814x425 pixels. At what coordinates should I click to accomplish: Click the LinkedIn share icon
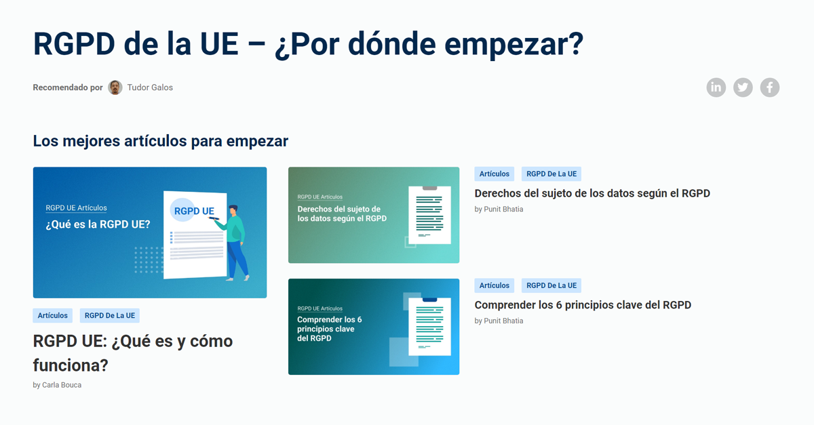point(716,87)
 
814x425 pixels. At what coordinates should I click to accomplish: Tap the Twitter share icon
point(743,87)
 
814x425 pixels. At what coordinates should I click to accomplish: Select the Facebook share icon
point(770,87)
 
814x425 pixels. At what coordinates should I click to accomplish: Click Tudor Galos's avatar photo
point(115,87)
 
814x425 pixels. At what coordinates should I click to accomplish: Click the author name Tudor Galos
point(150,87)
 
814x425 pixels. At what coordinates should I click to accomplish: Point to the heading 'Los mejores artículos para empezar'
point(160,141)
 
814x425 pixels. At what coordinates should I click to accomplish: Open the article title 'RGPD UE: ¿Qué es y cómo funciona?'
point(132,352)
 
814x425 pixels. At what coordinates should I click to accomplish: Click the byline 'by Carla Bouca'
point(57,385)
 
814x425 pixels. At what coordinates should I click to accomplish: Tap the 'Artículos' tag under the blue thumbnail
point(53,315)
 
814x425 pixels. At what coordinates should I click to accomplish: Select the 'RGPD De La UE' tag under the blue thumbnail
point(110,315)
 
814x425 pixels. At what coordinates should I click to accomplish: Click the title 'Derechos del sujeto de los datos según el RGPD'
point(592,193)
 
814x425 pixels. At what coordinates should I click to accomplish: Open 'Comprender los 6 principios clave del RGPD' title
point(583,305)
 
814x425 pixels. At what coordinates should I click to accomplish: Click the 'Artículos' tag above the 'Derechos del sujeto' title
point(494,174)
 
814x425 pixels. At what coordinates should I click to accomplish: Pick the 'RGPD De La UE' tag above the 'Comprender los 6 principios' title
point(551,285)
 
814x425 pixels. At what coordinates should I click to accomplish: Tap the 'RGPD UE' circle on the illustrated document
point(193,211)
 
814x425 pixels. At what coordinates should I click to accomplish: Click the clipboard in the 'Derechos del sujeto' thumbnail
point(429,215)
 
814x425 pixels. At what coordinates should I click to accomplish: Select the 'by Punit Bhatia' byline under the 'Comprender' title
point(499,321)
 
